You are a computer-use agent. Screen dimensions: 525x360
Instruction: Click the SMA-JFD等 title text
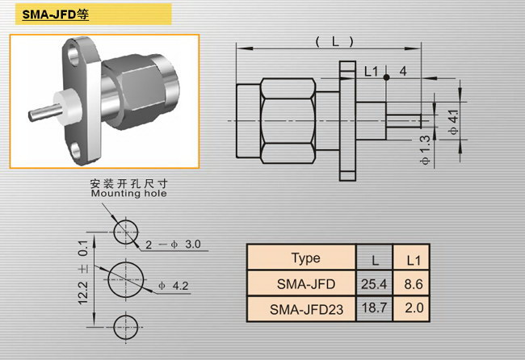55,15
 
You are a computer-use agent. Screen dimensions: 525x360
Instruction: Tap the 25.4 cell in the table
374,284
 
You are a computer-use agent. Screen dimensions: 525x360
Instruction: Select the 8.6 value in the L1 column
414,284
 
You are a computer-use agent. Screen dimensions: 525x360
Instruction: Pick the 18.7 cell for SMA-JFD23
374,308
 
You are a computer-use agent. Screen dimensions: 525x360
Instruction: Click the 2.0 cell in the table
414,308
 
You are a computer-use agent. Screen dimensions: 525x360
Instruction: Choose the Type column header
305,258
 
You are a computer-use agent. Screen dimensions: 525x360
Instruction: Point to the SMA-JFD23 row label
306,309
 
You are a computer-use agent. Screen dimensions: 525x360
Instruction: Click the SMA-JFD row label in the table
305,284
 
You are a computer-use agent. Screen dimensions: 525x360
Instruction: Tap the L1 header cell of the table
414,260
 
